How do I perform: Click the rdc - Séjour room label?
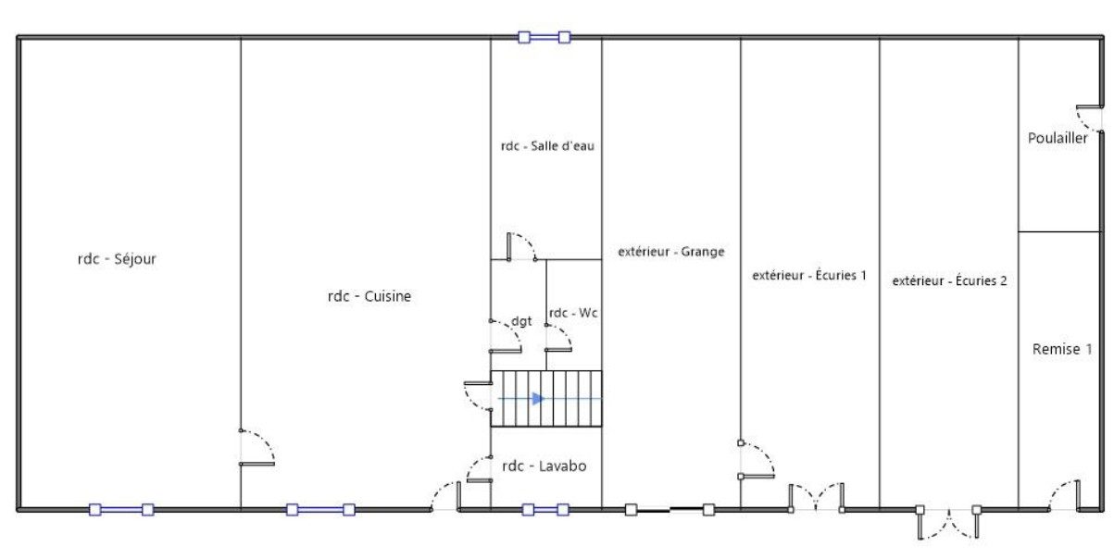click(117, 259)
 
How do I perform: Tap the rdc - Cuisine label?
click(369, 296)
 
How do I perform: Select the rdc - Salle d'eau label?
click(547, 145)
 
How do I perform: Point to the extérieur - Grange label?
click(670, 251)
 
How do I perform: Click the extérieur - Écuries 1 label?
click(809, 275)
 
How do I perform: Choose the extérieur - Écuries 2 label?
click(949, 280)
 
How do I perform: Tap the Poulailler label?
click(1058, 139)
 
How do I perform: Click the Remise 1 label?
click(1062, 349)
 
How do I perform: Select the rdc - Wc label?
click(573, 313)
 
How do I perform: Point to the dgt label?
click(521, 321)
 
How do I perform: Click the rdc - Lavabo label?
click(544, 466)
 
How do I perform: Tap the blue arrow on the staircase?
click(538, 399)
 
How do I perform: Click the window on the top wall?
click(544, 38)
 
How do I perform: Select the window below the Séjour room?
click(120, 509)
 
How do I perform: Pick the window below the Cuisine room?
click(320, 509)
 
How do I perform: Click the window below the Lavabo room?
click(545, 509)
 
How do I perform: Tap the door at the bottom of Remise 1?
click(1065, 496)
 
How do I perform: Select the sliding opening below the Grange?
click(670, 508)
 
